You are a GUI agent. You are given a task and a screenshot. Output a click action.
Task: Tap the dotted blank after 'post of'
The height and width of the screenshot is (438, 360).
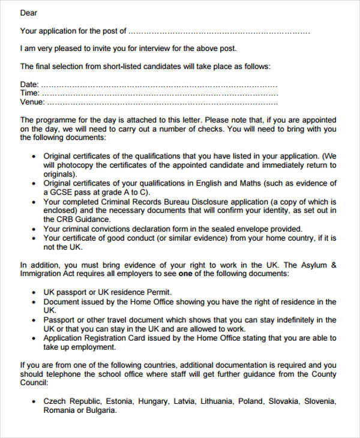point(219,31)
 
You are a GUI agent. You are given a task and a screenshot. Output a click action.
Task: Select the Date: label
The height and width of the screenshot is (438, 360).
point(29,85)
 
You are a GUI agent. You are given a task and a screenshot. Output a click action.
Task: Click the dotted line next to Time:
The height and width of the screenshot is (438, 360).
point(160,94)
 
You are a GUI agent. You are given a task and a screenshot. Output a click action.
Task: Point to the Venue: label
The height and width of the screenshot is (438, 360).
point(32,102)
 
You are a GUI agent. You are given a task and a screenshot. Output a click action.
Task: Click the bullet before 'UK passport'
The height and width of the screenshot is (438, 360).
point(32,292)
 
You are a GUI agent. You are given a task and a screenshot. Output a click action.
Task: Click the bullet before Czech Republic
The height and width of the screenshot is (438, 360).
point(32,401)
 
